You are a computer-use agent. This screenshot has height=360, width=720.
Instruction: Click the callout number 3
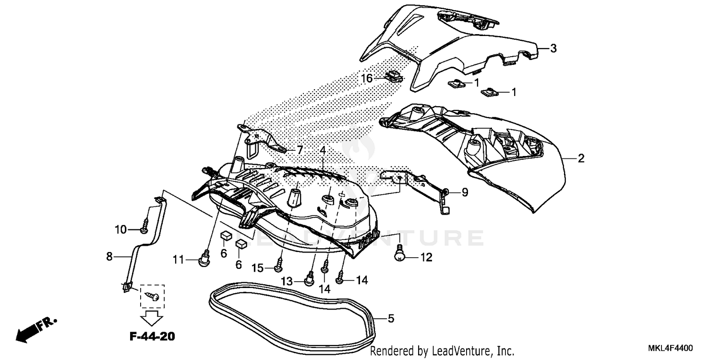click(x=553, y=48)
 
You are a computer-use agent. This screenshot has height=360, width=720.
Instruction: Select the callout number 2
click(x=581, y=158)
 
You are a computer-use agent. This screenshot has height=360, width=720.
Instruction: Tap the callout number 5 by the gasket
click(x=391, y=318)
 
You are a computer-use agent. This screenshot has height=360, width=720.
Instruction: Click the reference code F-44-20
click(x=152, y=336)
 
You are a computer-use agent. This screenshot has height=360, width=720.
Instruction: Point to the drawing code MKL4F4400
click(x=671, y=347)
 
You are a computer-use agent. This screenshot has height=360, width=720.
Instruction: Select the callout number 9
click(x=465, y=192)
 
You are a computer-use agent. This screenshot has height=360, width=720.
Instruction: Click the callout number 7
click(x=300, y=150)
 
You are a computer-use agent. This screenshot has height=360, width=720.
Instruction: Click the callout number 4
click(x=323, y=150)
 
